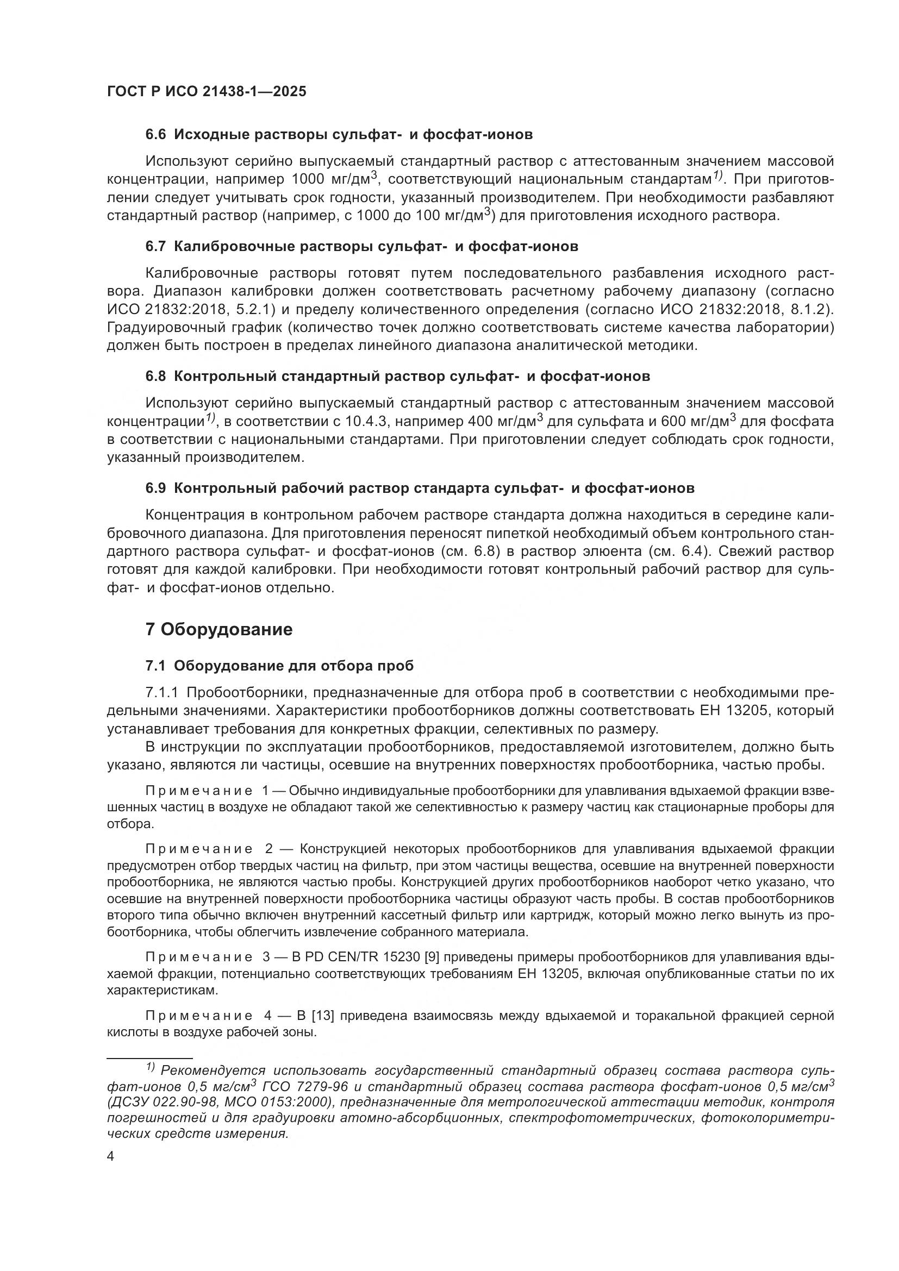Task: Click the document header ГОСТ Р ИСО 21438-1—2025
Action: pyautogui.click(x=207, y=92)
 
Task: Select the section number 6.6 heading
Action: pyautogui.click(x=155, y=135)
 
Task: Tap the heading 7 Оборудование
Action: pyautogui.click(x=218, y=629)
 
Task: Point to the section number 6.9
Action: pyautogui.click(x=155, y=489)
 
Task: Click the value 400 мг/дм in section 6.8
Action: pyautogui.click(x=502, y=422)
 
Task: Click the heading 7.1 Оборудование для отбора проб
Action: pyautogui.click(x=279, y=666)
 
